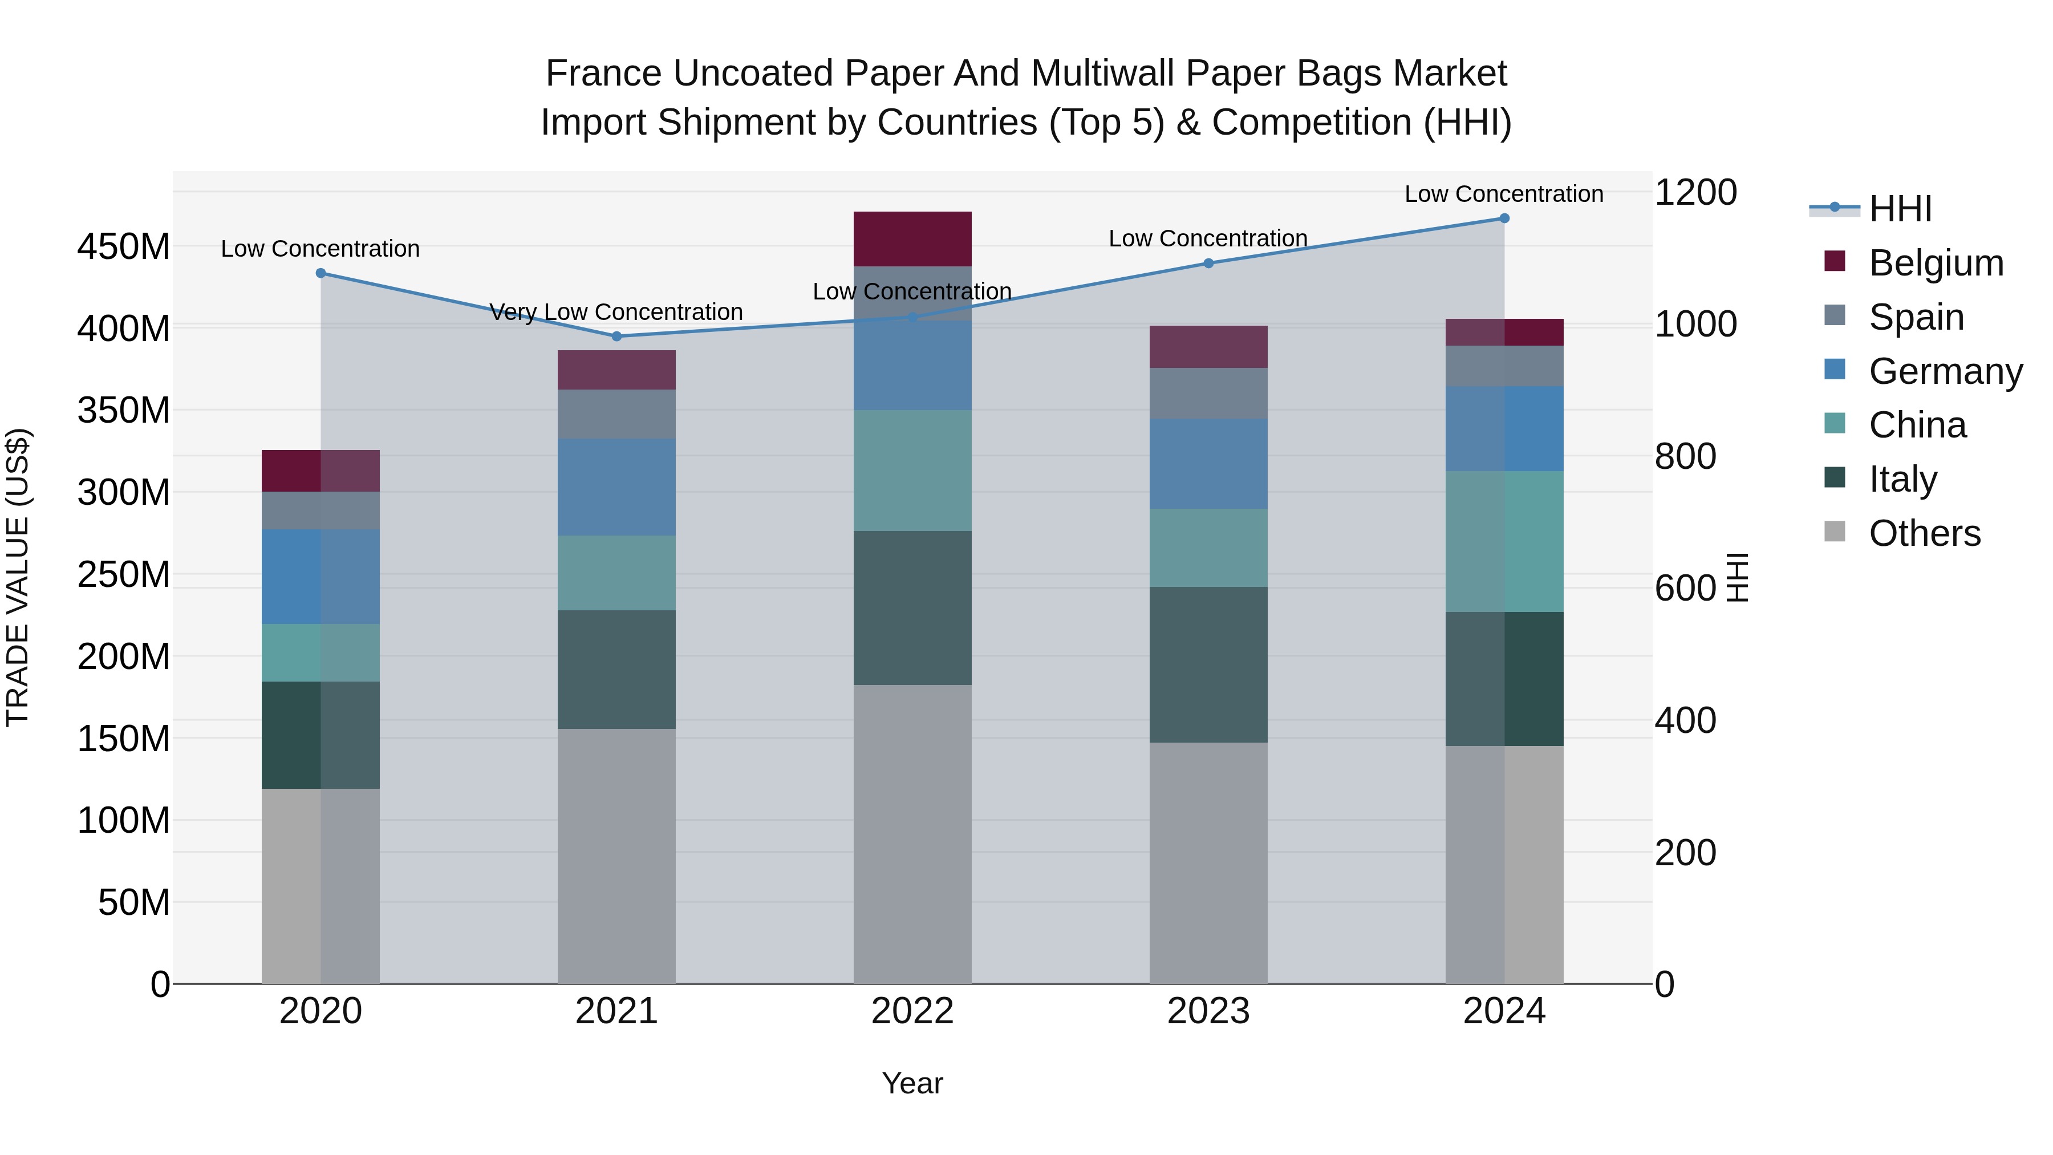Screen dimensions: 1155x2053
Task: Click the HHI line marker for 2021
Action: (x=616, y=337)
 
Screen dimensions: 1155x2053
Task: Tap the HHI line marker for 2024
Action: (x=1504, y=218)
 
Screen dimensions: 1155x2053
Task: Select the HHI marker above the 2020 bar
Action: (x=320, y=273)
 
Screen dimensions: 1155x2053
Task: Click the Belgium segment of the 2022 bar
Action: (x=912, y=239)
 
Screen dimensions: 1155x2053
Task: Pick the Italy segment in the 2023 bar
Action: (x=1208, y=665)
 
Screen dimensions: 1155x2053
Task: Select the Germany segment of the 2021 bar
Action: (x=616, y=487)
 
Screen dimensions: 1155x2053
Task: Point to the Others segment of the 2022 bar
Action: (x=912, y=834)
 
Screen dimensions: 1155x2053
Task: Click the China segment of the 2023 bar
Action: (x=1208, y=548)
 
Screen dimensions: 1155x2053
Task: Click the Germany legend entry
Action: (x=1945, y=371)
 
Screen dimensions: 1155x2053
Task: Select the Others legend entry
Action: (x=1924, y=533)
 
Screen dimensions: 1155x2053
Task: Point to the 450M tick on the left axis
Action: (x=124, y=247)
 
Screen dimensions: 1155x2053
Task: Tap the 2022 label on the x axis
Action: (x=912, y=1011)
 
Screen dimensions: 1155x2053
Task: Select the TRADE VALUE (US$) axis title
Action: (x=18, y=577)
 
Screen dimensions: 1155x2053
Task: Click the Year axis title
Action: (x=912, y=1083)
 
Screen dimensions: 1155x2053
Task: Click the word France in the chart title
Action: (x=603, y=74)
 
